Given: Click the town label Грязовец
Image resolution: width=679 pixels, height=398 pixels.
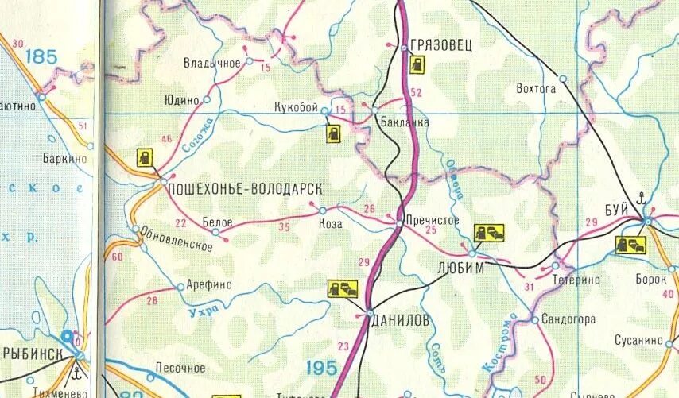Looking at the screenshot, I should (x=441, y=46).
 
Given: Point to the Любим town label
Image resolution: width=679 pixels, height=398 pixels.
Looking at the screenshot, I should (x=460, y=269).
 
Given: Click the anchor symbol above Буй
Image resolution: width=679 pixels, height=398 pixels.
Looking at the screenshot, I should (x=642, y=198).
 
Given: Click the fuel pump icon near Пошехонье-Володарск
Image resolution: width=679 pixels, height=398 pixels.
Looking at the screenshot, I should (x=145, y=157).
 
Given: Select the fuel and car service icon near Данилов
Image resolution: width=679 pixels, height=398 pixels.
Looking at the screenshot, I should (x=343, y=288).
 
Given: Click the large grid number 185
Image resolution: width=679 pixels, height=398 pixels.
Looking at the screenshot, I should (x=41, y=57).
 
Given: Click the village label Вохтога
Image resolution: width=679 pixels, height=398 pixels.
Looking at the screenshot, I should (x=535, y=89).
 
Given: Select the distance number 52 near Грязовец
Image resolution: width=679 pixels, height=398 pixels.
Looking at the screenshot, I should (x=415, y=93).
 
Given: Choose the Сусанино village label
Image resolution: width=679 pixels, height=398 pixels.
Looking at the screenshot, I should (x=638, y=340).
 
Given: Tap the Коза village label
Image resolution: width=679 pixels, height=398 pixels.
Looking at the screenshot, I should (x=330, y=224).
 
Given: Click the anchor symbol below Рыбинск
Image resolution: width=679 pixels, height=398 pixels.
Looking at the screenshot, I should (x=77, y=371).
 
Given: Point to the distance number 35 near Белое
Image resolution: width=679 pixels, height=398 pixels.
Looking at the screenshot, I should (x=284, y=226).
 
